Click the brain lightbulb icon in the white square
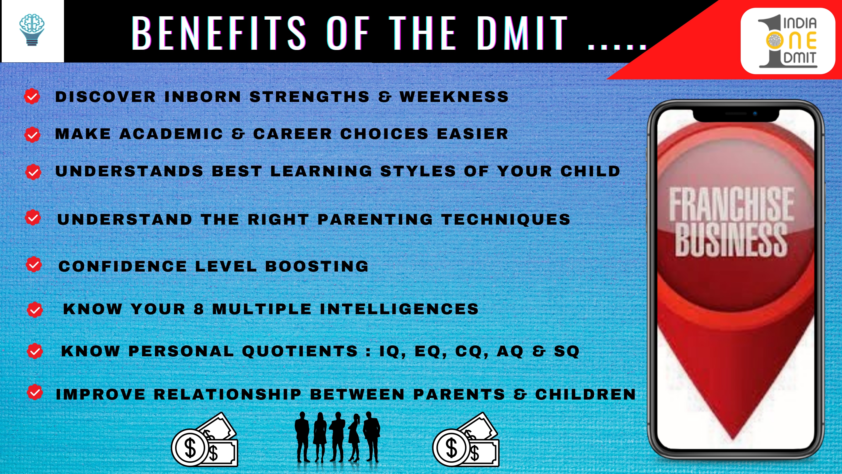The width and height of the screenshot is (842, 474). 32,30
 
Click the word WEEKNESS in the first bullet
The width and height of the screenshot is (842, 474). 454,97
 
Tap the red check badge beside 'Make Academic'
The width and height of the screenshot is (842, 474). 32,135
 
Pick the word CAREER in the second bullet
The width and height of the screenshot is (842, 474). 292,134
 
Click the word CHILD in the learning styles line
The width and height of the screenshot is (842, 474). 590,171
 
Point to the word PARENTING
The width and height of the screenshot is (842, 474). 375,219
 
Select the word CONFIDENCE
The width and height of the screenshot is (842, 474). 123,266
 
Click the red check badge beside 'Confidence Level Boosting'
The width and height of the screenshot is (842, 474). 34,265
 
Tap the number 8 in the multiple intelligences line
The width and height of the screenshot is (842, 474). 199,309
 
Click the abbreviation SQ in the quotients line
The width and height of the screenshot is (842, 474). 567,351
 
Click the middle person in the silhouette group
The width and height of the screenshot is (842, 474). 338,437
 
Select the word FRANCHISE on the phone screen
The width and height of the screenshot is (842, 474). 731,204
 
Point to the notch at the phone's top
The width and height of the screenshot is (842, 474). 736,115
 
